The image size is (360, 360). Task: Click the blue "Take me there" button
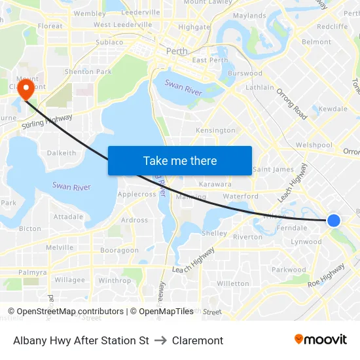point(180,160)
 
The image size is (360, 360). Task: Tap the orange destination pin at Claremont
point(26,88)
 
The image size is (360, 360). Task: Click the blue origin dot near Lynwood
point(334,221)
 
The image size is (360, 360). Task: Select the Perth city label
point(177,51)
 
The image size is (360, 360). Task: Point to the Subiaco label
point(109,42)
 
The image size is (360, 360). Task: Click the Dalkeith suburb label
point(62,153)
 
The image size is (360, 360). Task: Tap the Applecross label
point(136,194)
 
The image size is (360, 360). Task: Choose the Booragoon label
point(119,250)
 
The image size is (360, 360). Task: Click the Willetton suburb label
point(233,283)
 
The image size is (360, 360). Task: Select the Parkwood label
point(289,269)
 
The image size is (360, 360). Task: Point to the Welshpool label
point(314,145)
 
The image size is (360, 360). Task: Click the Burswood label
point(245,73)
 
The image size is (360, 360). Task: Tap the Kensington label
point(215,130)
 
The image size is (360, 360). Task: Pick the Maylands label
point(249,15)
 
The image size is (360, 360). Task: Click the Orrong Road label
point(292,103)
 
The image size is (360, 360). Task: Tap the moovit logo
point(321,340)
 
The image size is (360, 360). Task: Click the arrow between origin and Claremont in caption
point(160,340)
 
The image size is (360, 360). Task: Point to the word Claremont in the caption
point(198,340)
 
